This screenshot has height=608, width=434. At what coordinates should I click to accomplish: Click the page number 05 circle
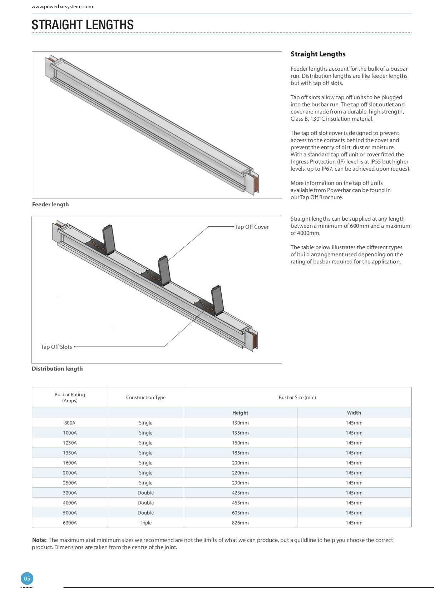(27, 579)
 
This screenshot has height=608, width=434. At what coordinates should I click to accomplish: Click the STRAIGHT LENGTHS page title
(83, 25)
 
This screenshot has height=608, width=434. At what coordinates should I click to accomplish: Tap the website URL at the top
(62, 6)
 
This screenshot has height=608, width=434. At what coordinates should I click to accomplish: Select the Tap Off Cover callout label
(252, 227)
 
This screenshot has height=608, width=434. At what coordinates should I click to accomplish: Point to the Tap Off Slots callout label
(56, 347)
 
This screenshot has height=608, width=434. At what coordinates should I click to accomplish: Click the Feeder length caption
(50, 205)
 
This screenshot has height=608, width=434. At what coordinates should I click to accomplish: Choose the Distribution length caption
(57, 369)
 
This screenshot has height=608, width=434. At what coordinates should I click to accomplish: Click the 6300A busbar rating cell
(70, 523)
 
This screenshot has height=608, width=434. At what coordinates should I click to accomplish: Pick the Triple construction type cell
(146, 523)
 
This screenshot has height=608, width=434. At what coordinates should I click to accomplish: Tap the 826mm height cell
(240, 523)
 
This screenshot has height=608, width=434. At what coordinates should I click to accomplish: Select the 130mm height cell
(240, 423)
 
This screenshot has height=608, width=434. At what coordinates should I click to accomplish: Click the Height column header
(240, 413)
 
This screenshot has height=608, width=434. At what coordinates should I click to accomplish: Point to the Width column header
(354, 413)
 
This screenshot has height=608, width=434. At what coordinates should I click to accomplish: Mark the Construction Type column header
(146, 397)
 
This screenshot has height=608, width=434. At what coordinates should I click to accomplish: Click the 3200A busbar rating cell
(70, 493)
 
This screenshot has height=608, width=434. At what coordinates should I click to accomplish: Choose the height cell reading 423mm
(240, 493)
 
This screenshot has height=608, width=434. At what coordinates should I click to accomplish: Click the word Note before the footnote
(39, 540)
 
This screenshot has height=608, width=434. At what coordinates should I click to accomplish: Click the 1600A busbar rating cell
(70, 463)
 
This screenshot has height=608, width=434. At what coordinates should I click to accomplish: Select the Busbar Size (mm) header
(297, 397)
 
